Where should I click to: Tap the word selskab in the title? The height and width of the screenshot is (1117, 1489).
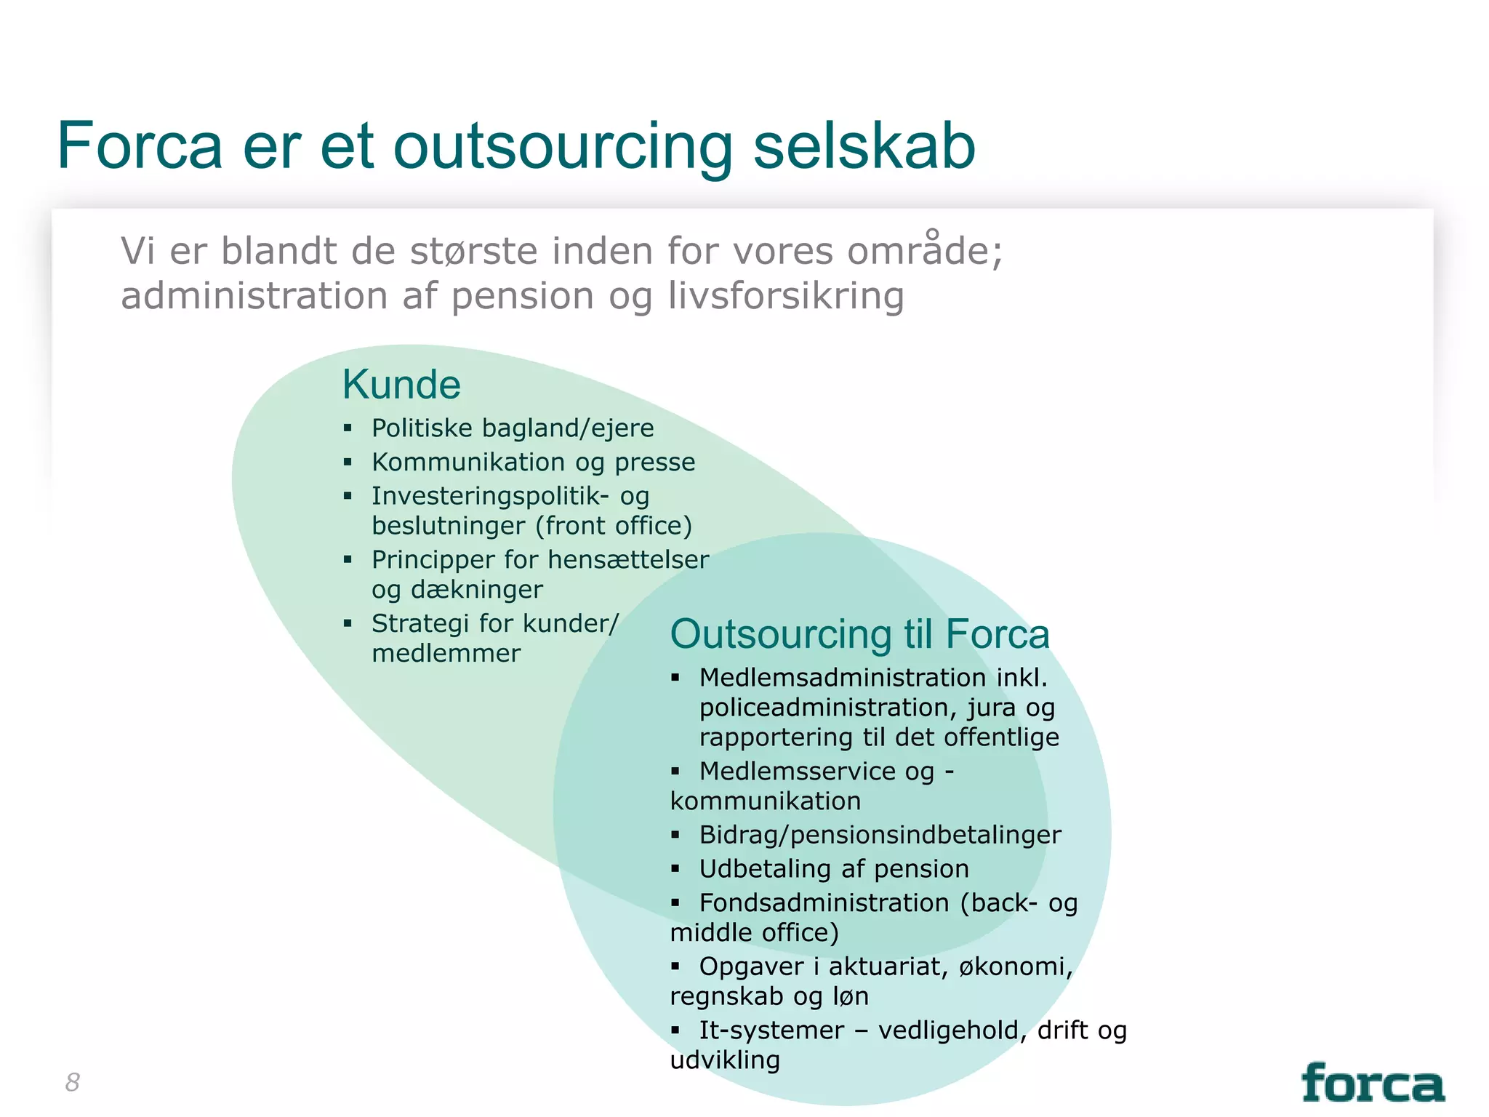(x=864, y=148)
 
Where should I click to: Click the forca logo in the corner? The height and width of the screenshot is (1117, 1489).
(x=1372, y=1084)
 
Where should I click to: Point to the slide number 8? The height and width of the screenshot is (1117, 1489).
(x=72, y=1082)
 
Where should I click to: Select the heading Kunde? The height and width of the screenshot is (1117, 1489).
(x=401, y=385)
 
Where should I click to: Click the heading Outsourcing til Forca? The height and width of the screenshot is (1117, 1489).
(x=859, y=634)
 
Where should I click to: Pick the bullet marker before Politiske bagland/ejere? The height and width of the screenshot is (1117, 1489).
(x=348, y=428)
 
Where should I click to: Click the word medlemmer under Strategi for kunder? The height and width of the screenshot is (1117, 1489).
(x=446, y=654)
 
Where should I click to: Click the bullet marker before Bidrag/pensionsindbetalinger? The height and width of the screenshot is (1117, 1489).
(x=675, y=835)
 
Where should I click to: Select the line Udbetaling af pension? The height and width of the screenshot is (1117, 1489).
(x=833, y=869)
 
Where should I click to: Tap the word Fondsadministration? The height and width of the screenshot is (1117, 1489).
(x=824, y=903)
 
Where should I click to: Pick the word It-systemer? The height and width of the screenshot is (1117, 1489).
(x=771, y=1030)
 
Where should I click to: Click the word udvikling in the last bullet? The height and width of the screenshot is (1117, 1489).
(x=725, y=1060)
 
